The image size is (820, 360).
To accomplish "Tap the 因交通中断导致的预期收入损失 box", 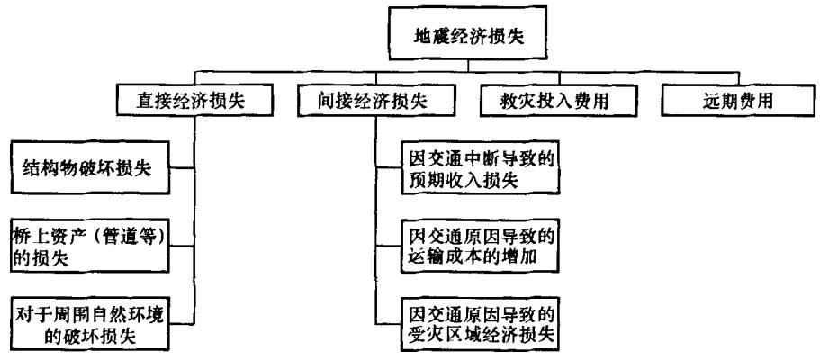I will click(477, 167).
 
